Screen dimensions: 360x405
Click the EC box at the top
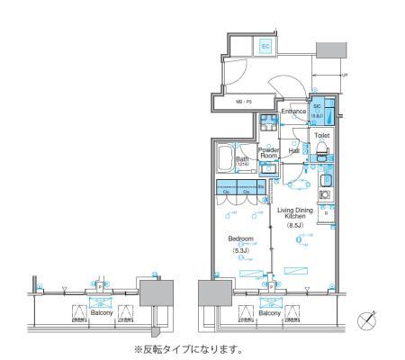click(265, 45)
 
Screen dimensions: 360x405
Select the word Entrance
click(294, 112)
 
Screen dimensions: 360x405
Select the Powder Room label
click(269, 153)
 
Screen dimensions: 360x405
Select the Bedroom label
click(240, 239)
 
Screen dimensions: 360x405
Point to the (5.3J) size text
click(240, 249)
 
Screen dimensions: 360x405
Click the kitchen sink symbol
click(327, 179)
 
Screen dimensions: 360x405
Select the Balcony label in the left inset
click(101, 310)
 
